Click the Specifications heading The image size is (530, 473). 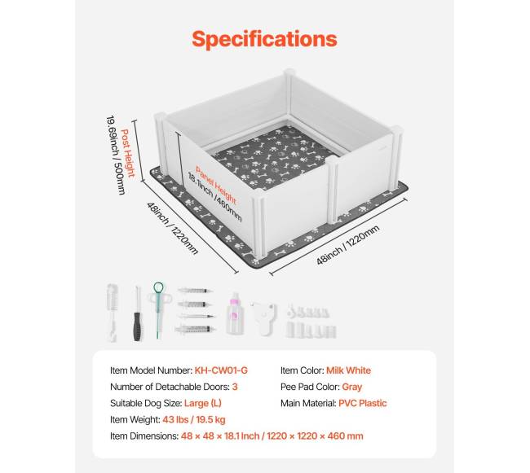264,39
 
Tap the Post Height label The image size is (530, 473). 128,153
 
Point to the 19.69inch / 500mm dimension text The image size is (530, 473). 116,155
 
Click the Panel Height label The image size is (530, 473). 215,185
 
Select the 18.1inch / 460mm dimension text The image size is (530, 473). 214,197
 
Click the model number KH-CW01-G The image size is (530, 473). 221,370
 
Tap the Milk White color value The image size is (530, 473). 348,370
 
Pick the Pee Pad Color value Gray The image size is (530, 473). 352,387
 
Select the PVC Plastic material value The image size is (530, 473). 363,403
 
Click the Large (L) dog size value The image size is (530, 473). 203,403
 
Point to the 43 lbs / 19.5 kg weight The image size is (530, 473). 194,420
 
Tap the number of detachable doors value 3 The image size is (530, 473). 235,387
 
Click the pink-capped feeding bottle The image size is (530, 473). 236,313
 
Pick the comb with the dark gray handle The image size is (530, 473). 137,313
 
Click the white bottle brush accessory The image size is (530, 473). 113,313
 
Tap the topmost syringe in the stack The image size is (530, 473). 195,291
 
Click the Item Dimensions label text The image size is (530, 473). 144,436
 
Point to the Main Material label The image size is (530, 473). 308,403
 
